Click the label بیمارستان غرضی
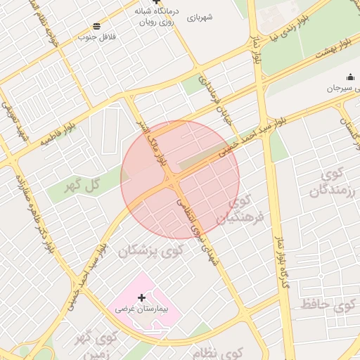point(142,309)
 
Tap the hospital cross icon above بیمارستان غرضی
point(142,298)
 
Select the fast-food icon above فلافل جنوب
point(96,26)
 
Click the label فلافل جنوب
point(96,36)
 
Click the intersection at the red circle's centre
point(173,181)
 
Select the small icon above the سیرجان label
point(350,78)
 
